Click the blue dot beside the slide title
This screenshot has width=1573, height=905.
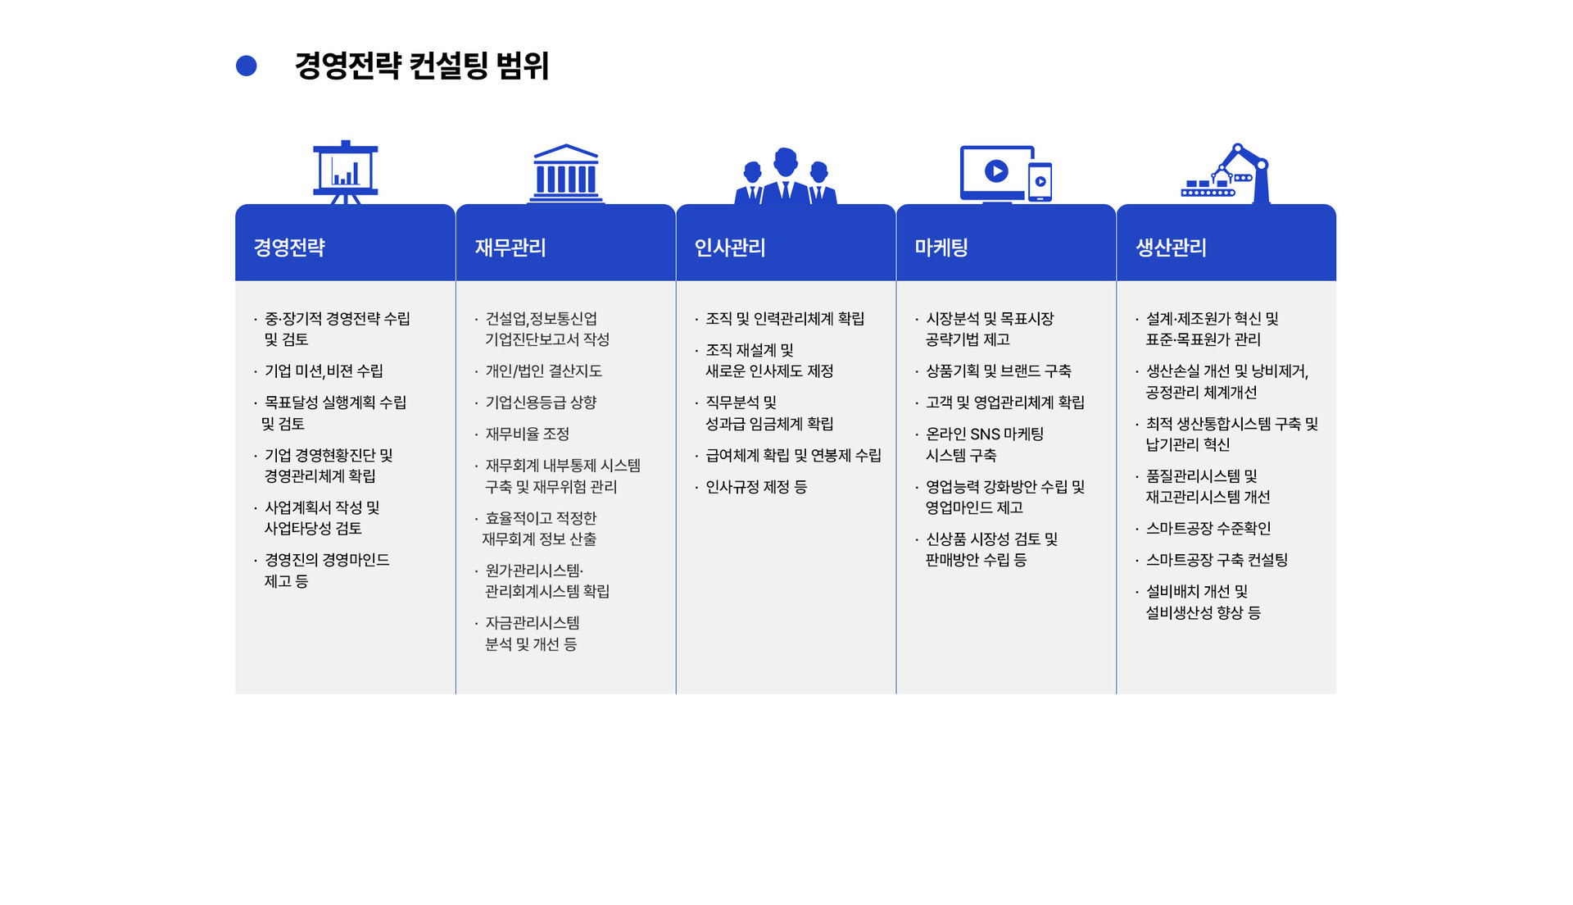pyautogui.click(x=246, y=66)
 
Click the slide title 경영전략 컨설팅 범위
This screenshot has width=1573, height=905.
pyautogui.click(x=421, y=66)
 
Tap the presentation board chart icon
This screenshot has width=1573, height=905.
pyautogui.click(x=345, y=172)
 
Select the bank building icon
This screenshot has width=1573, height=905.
pyautogui.click(x=565, y=174)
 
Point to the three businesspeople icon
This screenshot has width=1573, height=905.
pyautogui.click(x=786, y=175)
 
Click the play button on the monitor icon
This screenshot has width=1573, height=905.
pyautogui.click(x=996, y=171)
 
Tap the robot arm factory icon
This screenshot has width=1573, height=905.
pyautogui.click(x=1226, y=174)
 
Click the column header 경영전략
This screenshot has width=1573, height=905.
pyautogui.click(x=289, y=248)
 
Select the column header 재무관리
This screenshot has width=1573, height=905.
pyautogui.click(x=510, y=248)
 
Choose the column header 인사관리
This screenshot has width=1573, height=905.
pyautogui.click(x=730, y=248)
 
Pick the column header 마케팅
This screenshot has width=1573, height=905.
pyautogui.click(x=941, y=248)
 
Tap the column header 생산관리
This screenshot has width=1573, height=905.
pyautogui.click(x=1171, y=248)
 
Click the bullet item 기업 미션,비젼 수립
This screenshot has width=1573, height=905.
pyautogui.click(x=324, y=371)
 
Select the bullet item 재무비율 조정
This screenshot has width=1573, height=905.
pyautogui.click(x=527, y=434)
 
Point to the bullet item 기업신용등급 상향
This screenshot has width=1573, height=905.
pyautogui.click(x=541, y=402)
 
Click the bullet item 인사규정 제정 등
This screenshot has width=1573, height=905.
pyautogui.click(x=756, y=487)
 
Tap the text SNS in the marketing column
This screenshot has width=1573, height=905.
pyautogui.click(x=984, y=434)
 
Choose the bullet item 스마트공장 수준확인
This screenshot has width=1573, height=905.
pyautogui.click(x=1208, y=529)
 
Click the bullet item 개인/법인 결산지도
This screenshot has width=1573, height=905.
pyautogui.click(x=543, y=371)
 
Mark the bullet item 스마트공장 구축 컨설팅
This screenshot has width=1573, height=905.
pyautogui.click(x=1217, y=560)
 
